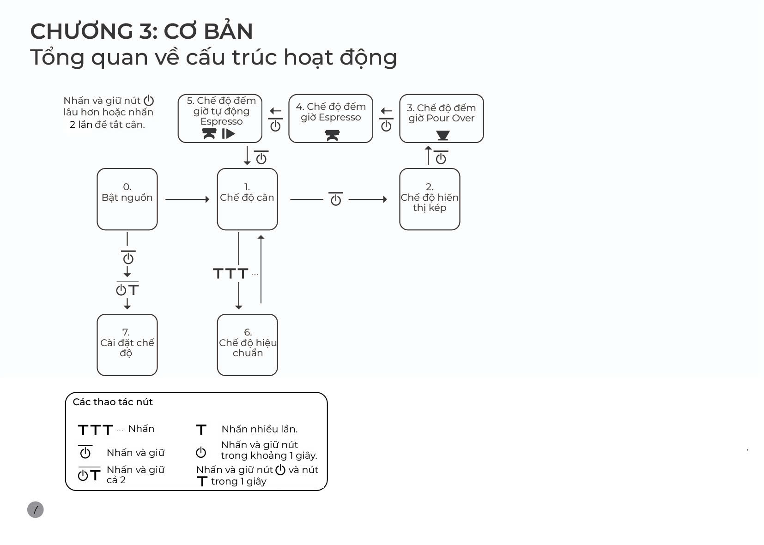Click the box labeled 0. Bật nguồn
[x=127, y=199]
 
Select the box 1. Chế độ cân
[x=247, y=199]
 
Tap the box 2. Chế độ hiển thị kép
[x=430, y=199]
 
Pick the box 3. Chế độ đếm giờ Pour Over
[x=441, y=119]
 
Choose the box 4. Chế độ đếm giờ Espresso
[x=331, y=119]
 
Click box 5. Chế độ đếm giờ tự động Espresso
[x=220, y=119]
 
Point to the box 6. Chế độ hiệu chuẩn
[x=247, y=345]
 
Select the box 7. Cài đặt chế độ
[x=127, y=345]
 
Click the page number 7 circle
[x=36, y=509]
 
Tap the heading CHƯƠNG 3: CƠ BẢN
[x=141, y=31]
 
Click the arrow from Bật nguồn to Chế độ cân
[x=187, y=199]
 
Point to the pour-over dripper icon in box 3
[x=443, y=135]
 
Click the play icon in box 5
[x=229, y=134]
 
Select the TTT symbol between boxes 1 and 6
[x=230, y=274]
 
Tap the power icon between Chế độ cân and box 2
[x=336, y=199]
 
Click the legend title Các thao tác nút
[x=113, y=402]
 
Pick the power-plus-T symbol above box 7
[x=127, y=289]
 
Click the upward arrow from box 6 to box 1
[x=261, y=269]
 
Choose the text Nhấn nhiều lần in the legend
[x=260, y=429]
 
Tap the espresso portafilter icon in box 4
[x=332, y=135]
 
